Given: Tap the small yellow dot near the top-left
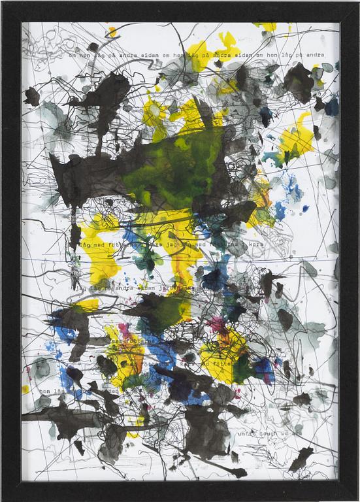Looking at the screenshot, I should tap(112, 30).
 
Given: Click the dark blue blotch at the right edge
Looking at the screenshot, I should tap(331, 107).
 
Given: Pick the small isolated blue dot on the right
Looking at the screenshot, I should tap(304, 209).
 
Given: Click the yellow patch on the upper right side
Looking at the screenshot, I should tap(296, 139).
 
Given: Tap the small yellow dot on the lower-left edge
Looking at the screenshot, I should tap(25, 389).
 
